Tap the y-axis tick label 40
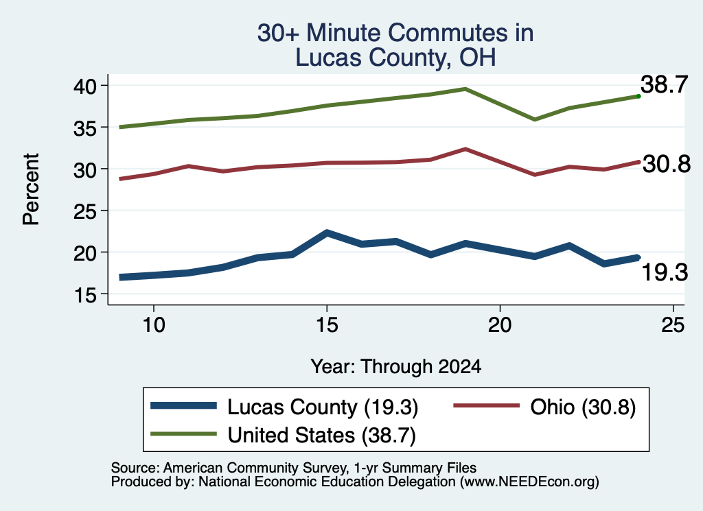(85, 86)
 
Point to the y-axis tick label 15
(85, 295)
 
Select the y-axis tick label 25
(85, 211)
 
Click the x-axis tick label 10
(154, 324)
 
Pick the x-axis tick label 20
(500, 324)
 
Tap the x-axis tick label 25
(673, 324)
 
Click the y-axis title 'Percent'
(31, 189)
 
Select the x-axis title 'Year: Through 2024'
(396, 366)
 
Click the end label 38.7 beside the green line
(664, 84)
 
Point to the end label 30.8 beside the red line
(667, 165)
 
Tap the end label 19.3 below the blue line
(665, 273)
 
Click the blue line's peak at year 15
(327, 233)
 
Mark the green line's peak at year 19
(466, 88)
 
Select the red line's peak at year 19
(466, 149)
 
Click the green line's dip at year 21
(534, 119)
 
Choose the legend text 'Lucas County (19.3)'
(323, 407)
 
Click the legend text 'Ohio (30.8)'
(583, 407)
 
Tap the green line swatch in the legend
(183, 434)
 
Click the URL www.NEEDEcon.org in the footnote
(529, 482)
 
